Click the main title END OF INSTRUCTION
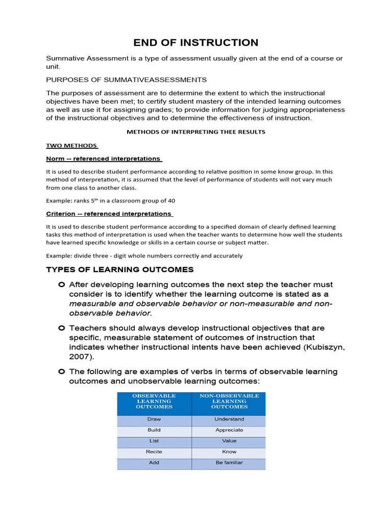(x=196, y=42)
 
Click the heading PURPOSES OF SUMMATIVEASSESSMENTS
(x=126, y=80)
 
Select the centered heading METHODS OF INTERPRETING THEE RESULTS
(x=196, y=132)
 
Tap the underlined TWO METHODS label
(x=71, y=145)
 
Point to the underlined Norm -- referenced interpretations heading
(x=104, y=159)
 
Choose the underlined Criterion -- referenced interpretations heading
(x=109, y=214)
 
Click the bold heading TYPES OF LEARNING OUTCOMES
(x=120, y=269)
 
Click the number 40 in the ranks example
(x=171, y=200)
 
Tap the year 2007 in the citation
(x=79, y=357)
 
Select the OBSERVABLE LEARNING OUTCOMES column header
(x=154, y=401)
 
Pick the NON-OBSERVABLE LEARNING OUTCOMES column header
(x=229, y=401)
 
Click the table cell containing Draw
(x=154, y=419)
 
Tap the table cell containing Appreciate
(x=229, y=430)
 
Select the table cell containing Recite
(x=154, y=452)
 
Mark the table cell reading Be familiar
(x=229, y=463)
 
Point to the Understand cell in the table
(x=229, y=419)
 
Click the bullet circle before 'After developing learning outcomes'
(x=61, y=284)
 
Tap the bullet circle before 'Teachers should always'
(x=61, y=328)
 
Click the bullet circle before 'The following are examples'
(x=61, y=372)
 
